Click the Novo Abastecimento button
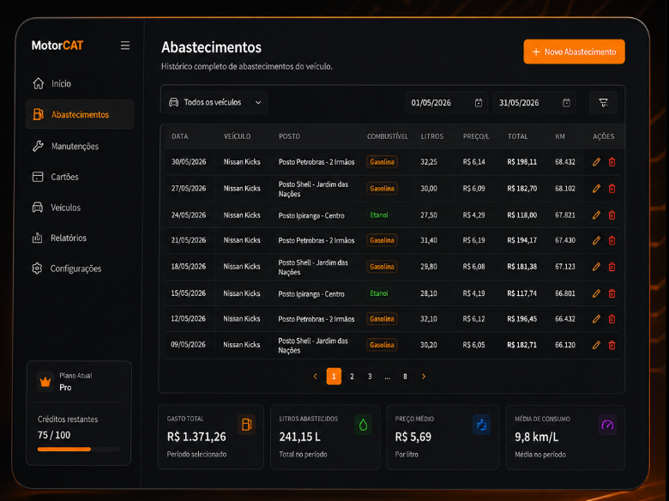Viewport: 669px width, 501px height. pos(574,51)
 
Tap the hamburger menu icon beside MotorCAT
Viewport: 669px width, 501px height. pos(125,45)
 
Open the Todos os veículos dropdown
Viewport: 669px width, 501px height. pos(215,102)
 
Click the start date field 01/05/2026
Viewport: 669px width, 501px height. pos(446,103)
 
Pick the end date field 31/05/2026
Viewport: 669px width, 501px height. pos(534,103)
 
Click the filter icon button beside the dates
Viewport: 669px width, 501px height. pos(603,102)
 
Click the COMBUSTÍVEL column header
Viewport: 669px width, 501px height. pos(388,136)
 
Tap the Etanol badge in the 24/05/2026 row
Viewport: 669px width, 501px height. pos(379,215)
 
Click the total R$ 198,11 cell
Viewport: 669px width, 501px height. pos(521,162)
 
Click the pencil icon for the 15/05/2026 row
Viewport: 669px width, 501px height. pos(596,293)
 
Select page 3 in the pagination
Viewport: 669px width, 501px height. pos(370,377)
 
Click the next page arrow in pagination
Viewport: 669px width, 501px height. pos(424,377)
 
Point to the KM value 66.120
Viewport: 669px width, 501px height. pos(565,344)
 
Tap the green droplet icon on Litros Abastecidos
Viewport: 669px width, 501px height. pos(363,425)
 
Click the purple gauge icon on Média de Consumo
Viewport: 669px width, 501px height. pos(607,425)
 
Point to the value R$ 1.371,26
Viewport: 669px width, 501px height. pos(196,437)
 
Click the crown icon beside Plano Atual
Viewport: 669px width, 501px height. pos(45,381)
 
